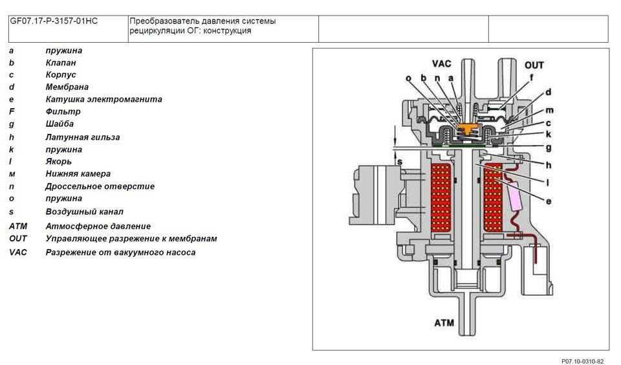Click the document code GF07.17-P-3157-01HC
(x=54, y=21)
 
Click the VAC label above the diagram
(x=443, y=64)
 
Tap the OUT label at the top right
(x=534, y=65)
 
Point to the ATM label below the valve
(x=444, y=322)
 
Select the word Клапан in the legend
(x=61, y=63)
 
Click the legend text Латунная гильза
(x=82, y=137)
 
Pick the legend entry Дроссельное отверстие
(x=100, y=186)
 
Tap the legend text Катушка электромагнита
(x=103, y=100)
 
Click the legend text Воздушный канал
(x=84, y=212)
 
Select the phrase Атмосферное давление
(x=98, y=227)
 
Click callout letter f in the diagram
(x=531, y=78)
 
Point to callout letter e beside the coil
(x=549, y=201)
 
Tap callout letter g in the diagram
(x=549, y=148)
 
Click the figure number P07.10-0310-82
(x=582, y=360)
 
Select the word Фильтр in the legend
(x=63, y=112)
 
